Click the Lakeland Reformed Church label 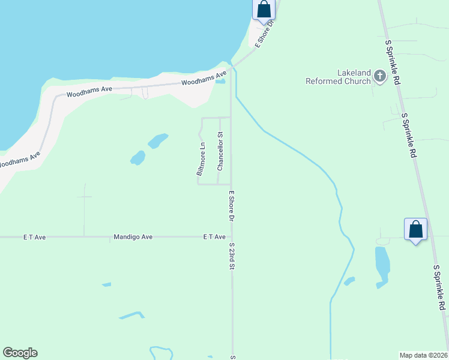pos(337,77)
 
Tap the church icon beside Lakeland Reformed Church pos(379,76)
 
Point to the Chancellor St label pos(220,151)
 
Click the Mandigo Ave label pos(133,237)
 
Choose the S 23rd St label pos(231,256)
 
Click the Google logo pos(20,353)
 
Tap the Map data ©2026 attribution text pos(423,355)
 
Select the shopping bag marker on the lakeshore pos(264,10)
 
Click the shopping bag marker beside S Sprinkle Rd pos(415,229)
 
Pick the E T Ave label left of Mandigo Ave pos(35,237)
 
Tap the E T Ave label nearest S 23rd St pos(214,237)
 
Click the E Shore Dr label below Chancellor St pos(231,206)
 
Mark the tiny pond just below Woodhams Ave pos(220,82)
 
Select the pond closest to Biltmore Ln pos(158,141)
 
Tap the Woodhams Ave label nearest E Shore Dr pos(204,79)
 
